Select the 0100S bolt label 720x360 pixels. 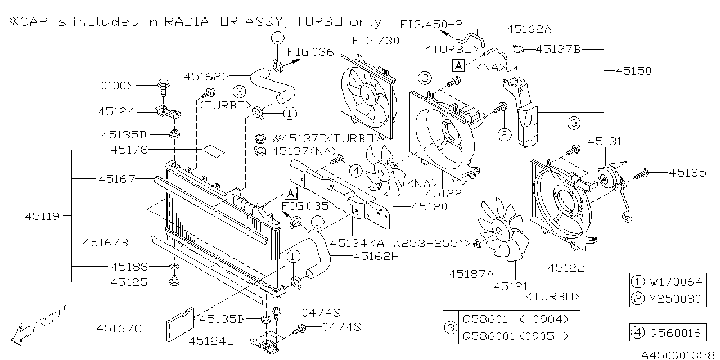coord(118,86)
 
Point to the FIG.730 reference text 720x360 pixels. coord(375,40)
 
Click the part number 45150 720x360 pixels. coord(633,71)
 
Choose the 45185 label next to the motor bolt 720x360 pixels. coord(687,173)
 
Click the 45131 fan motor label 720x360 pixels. coord(605,141)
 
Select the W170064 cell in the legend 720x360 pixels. coord(676,281)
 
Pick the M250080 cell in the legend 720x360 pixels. coord(676,298)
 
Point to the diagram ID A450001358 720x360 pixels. coord(679,354)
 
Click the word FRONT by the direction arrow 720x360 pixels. coord(51,319)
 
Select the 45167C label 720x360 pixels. coord(119,327)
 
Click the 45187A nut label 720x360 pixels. coord(471,273)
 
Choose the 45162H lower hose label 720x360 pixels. coord(376,256)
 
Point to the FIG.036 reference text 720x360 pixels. coord(310,52)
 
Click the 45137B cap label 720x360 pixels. coord(558,49)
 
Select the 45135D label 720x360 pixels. coord(124,135)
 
